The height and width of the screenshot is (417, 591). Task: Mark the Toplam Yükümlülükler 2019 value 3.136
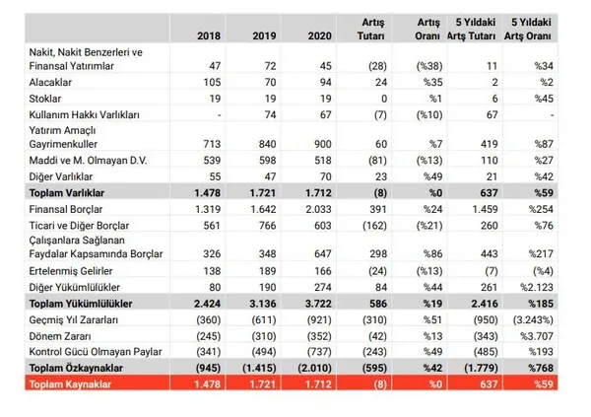pos(258,302)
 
